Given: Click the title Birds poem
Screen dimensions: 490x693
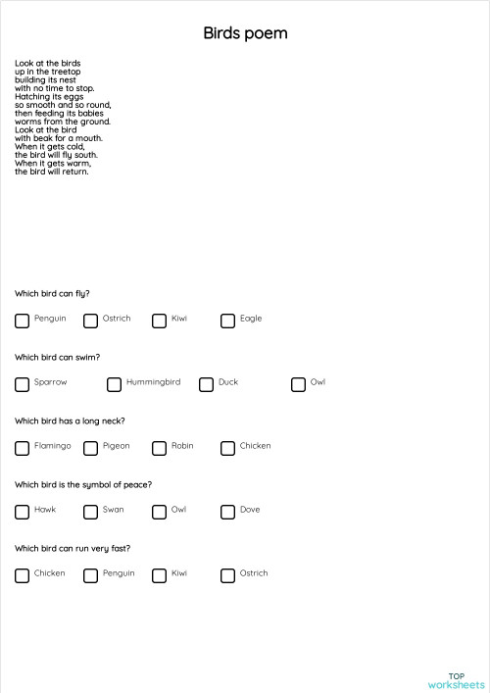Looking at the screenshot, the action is click(x=245, y=34).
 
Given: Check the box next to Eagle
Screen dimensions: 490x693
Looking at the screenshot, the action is click(x=227, y=321).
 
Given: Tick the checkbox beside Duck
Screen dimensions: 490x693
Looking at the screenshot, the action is click(x=206, y=384).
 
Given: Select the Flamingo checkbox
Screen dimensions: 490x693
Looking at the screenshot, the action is click(x=22, y=448).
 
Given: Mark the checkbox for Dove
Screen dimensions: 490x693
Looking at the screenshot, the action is click(x=227, y=512).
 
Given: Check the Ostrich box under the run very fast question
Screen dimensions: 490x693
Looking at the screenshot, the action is click(x=227, y=575).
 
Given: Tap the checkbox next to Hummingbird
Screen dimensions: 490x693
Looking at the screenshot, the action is click(x=114, y=384).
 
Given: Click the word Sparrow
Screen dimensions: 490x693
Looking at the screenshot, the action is click(x=50, y=382).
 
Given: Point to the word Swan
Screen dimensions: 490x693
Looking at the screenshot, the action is click(x=113, y=510).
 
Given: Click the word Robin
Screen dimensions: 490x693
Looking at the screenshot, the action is click(x=182, y=446).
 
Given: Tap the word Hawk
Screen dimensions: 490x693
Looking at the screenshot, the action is click(x=45, y=510).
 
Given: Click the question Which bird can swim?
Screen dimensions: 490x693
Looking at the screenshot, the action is click(x=57, y=357).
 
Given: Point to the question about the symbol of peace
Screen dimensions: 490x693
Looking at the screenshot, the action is click(x=83, y=484).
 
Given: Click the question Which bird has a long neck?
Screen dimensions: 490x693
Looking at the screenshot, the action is click(x=70, y=421).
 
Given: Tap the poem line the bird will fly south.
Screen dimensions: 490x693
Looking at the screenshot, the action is click(x=56, y=155).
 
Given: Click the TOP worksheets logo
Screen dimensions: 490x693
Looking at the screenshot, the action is click(x=456, y=680).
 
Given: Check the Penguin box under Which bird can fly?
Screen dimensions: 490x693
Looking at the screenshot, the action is click(x=22, y=321).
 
